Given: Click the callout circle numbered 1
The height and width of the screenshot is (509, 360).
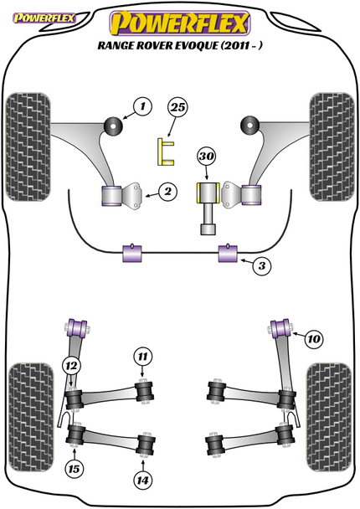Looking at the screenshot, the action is tap(142, 106).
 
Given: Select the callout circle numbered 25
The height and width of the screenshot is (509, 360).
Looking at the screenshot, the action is tap(177, 107).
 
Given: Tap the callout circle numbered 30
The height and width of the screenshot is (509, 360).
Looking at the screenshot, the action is tap(207, 157).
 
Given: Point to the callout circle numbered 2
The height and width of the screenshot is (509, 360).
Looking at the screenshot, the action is tap(167, 192).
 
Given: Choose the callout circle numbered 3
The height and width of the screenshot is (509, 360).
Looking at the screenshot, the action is tap(262, 266).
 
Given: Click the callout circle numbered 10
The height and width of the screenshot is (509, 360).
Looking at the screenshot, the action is tap(314, 339).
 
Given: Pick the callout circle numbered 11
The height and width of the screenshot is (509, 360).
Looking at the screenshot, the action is tap(143, 357).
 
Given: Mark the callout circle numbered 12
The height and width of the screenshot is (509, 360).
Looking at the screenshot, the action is tap(71, 366).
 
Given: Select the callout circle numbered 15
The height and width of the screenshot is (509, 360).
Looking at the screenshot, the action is tap(74, 469).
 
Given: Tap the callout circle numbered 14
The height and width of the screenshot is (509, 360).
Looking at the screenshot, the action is tap(143, 480).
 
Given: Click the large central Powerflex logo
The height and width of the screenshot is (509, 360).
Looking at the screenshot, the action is tap(180, 23).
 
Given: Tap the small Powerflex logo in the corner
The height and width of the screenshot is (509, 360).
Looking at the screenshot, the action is tap(44, 18).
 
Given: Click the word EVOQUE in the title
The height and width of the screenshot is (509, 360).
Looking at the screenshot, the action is tap(197, 45).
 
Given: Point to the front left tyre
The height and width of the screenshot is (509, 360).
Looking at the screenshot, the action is tap(28, 147).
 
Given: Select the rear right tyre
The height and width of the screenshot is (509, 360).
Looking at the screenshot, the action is tap(329, 417).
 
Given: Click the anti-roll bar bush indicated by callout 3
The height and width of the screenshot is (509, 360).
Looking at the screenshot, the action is tap(228, 253).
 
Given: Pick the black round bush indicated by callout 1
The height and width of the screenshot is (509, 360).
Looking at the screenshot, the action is tap(113, 125).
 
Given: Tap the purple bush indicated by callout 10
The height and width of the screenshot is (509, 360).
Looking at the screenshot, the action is tap(281, 328).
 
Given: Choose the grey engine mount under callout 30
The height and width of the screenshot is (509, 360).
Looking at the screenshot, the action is tap(208, 208).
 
